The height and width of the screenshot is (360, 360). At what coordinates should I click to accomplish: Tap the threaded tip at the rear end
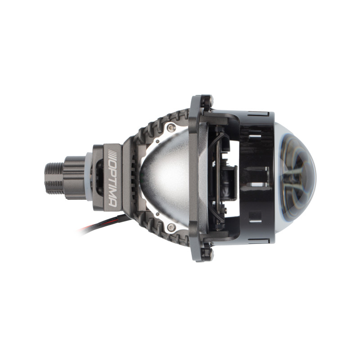point(54,178)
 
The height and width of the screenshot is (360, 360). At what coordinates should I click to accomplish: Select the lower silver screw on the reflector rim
point(171,228)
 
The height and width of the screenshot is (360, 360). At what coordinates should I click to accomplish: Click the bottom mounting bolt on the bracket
point(208,254)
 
